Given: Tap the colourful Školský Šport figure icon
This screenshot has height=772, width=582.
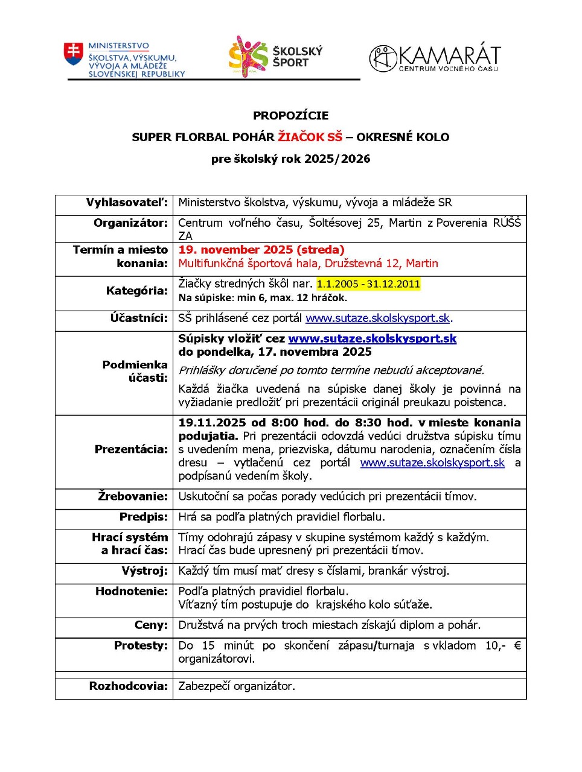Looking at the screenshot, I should [248, 55].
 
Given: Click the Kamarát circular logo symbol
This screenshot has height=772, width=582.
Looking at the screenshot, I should [383, 59].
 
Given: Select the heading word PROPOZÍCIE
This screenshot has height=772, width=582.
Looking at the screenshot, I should [290, 116].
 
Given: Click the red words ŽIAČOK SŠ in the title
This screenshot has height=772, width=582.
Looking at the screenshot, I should [310, 137].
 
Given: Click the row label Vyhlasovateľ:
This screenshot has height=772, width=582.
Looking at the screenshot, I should [127, 203].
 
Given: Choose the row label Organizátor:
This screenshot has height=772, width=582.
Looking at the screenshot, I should [130, 223].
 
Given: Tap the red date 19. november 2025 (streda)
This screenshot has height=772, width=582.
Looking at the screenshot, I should [261, 250].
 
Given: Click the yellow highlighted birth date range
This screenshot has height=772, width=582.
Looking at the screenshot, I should [368, 284].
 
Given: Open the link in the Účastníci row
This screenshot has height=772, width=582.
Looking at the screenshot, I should [377, 318].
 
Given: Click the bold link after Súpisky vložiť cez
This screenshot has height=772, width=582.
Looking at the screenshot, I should [372, 339].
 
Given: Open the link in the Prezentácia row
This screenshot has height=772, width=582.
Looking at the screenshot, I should [432, 463].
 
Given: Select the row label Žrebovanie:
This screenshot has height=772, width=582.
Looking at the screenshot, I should [133, 496].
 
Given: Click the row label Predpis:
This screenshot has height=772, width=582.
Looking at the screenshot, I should [144, 517].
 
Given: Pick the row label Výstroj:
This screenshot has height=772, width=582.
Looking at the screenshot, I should [144, 571].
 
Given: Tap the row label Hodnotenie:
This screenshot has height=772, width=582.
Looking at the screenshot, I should [132, 591].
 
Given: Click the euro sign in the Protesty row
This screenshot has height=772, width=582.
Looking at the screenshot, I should [517, 646].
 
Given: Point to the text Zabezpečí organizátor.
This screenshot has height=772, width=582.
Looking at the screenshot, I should [237, 686].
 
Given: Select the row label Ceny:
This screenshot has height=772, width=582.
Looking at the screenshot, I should [151, 625].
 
